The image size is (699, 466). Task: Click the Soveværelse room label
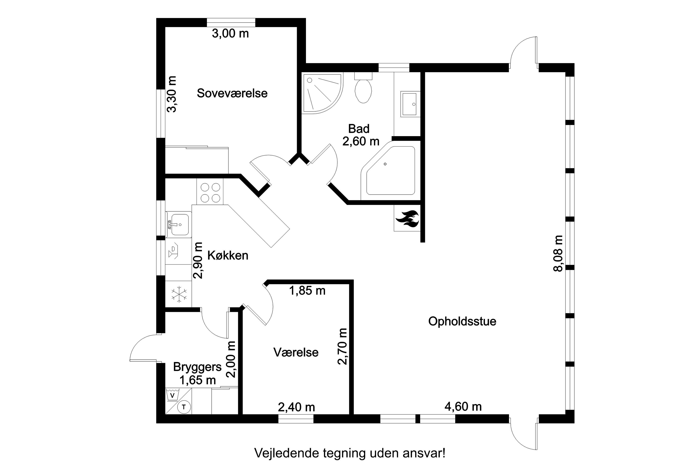(x=232, y=93)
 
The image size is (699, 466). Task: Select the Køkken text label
(x=228, y=255)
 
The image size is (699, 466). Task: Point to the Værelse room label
(x=296, y=353)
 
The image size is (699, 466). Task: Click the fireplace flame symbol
(x=407, y=219)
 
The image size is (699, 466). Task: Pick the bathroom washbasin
(x=410, y=104)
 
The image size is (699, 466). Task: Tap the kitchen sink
(x=179, y=225)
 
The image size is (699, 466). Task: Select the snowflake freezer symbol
(x=179, y=294)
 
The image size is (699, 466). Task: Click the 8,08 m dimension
(x=558, y=254)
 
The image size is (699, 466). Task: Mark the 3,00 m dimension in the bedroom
(x=230, y=34)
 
